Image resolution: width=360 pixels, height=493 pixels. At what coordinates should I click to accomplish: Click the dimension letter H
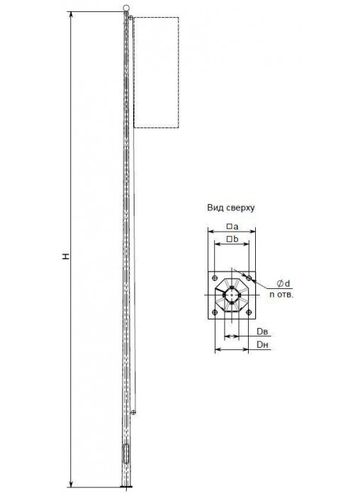tap(66, 256)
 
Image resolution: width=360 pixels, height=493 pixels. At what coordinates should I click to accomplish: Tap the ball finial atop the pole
tap(126, 8)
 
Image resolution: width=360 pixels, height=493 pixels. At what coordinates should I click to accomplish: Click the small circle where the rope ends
tap(133, 412)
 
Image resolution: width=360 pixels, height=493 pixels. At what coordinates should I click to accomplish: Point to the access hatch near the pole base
tap(126, 453)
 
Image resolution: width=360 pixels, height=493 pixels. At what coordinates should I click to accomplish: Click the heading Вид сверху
tap(230, 208)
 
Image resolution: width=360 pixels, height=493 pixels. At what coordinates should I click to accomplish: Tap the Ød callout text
tap(283, 283)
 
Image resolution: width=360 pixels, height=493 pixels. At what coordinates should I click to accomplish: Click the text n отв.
tap(281, 295)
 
